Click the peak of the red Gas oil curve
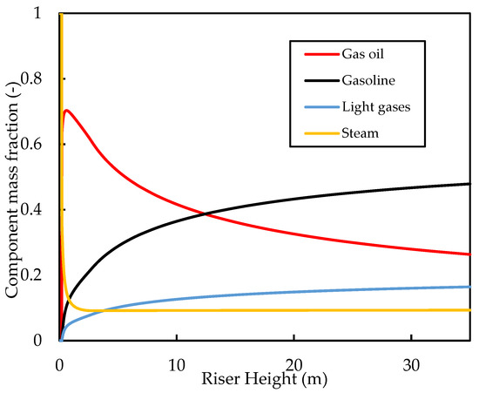(65, 110)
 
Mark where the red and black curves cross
(205, 213)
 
